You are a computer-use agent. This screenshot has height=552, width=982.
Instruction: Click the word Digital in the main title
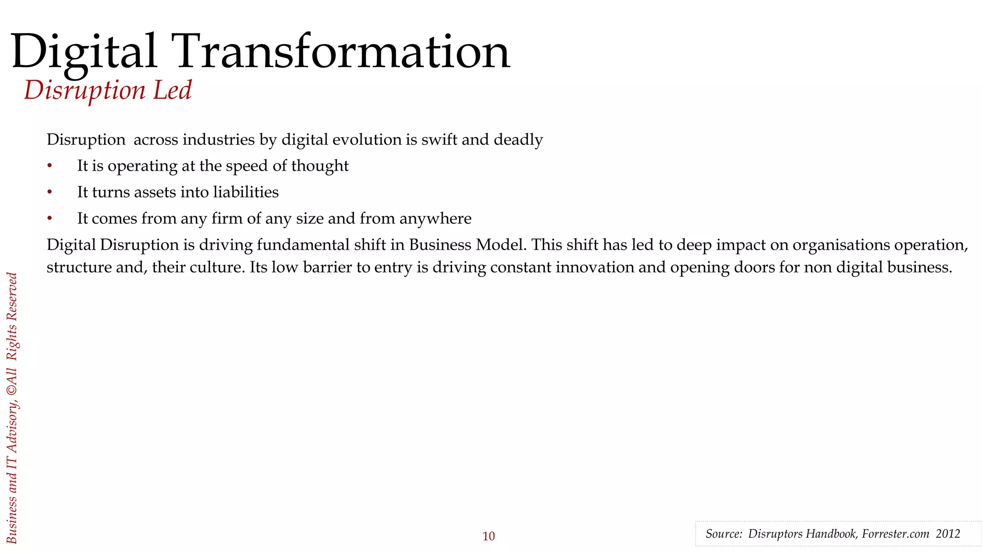(84, 52)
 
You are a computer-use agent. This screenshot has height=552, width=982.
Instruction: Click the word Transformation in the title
(343, 52)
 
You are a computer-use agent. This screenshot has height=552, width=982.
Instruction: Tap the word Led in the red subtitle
(173, 90)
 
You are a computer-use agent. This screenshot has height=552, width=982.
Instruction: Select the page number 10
(488, 536)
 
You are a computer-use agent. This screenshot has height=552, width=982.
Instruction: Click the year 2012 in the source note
(947, 534)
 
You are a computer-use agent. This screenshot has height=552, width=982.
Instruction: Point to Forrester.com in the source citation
(895, 534)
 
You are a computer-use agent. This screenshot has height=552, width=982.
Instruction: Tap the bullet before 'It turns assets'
(49, 192)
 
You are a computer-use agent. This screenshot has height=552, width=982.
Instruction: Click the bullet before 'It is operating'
(49, 166)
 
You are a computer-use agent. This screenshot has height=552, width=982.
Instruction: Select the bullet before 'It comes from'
(49, 218)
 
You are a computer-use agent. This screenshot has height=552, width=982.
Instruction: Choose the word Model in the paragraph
(501, 245)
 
